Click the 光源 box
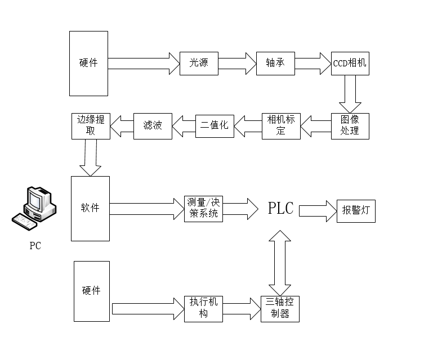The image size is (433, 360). click(x=198, y=63)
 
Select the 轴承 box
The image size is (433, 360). click(x=275, y=63)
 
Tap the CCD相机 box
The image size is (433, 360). click(x=350, y=63)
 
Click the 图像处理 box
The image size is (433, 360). click(x=350, y=125)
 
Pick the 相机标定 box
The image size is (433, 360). click(x=282, y=125)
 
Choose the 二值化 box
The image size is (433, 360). click(x=214, y=125)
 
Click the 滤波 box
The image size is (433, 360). click(x=152, y=125)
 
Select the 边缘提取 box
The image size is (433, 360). click(x=91, y=125)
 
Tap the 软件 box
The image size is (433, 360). click(x=90, y=208)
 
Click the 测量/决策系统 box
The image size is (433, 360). click(x=203, y=209)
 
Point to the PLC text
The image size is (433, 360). click(x=280, y=209)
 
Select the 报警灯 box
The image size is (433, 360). click(x=355, y=211)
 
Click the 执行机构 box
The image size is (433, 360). click(x=203, y=309)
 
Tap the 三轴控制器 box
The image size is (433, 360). click(x=280, y=309)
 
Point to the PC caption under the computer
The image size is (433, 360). click(x=35, y=246)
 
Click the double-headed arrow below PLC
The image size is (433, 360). click(x=280, y=262)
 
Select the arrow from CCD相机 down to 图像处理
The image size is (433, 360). click(x=350, y=94)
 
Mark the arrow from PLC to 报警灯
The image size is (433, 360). click(x=317, y=210)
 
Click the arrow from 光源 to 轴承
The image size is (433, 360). click(x=236, y=63)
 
